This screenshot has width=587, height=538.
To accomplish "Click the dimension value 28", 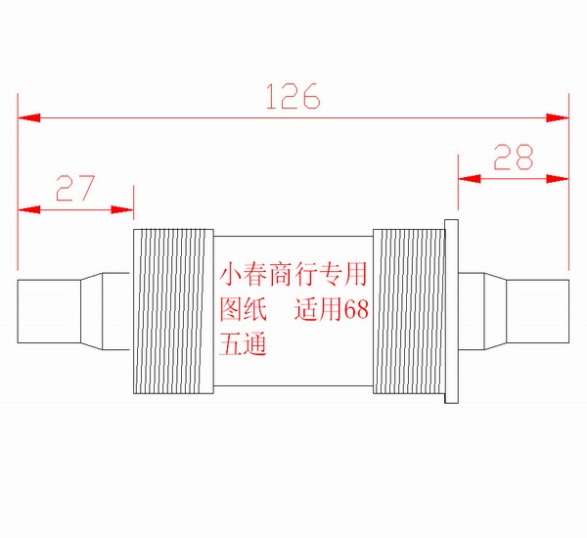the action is point(514,157).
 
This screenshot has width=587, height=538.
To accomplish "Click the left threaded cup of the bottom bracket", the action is point(172,311).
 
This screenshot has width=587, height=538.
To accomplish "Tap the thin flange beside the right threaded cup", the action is point(452,311).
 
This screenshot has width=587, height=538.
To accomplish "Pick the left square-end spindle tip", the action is point(49,311).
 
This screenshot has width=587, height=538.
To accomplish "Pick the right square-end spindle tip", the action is point(537,311).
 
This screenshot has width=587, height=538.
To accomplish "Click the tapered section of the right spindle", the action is point(490,311).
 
